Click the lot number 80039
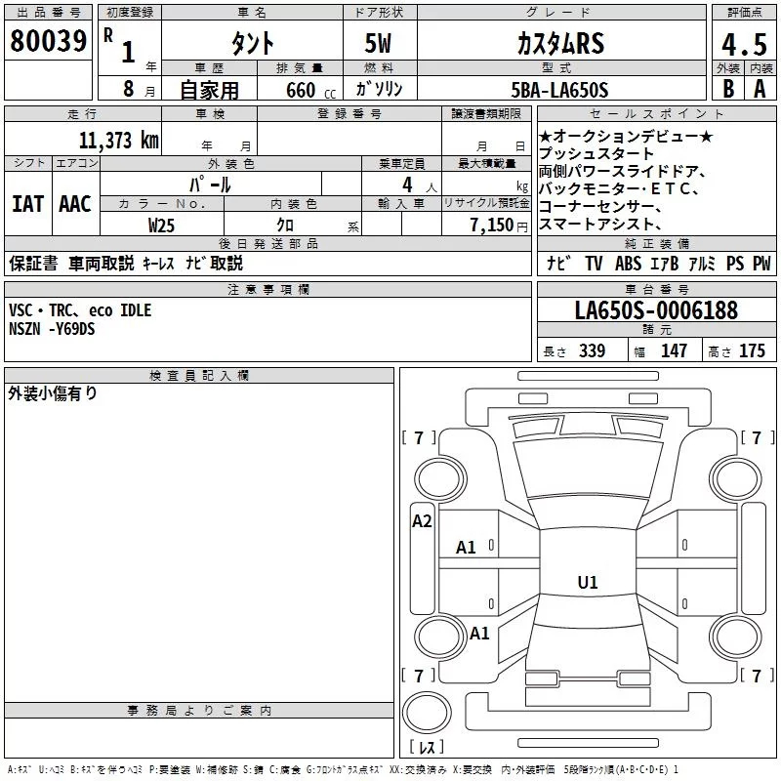click(48, 41)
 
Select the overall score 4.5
click(744, 44)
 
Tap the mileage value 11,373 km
click(119, 141)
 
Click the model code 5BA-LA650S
click(559, 90)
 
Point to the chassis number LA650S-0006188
click(656, 310)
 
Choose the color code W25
click(161, 226)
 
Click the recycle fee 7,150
click(492, 226)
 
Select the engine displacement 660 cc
click(310, 91)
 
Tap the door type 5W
click(378, 43)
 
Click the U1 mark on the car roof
click(588, 582)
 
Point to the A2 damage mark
click(422, 521)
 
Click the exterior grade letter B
click(728, 89)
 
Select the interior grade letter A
click(760, 89)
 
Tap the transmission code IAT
click(28, 204)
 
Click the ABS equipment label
click(628, 263)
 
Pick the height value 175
click(752, 350)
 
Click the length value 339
click(593, 350)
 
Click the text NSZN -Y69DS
click(52, 329)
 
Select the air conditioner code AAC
click(75, 204)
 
